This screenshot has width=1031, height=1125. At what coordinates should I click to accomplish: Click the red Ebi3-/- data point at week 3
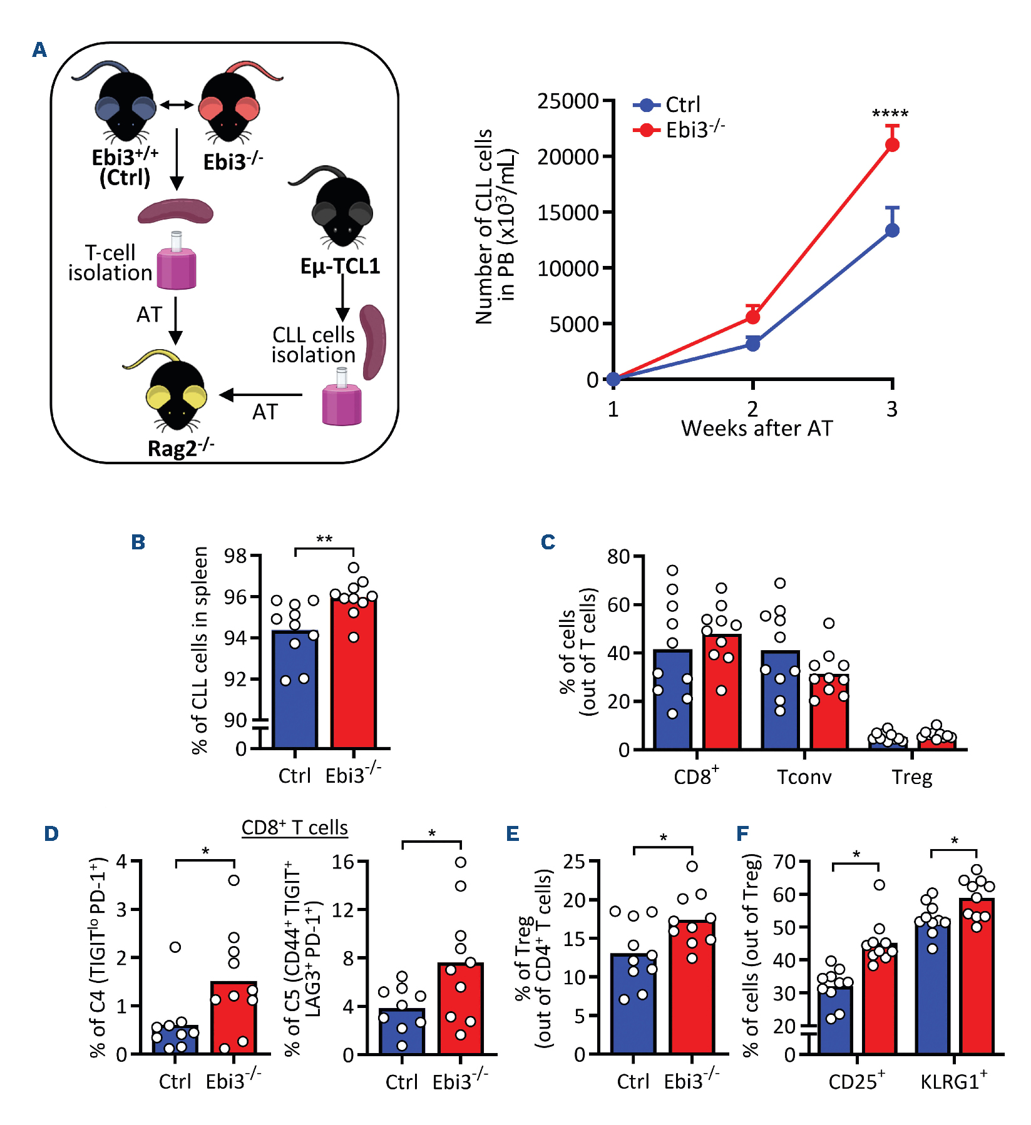click(x=892, y=145)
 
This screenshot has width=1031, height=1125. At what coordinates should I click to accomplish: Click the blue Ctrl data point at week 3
click(x=892, y=230)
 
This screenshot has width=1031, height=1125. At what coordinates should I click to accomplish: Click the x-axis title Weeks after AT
click(x=757, y=429)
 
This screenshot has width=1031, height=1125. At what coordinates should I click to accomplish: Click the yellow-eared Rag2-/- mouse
click(x=177, y=394)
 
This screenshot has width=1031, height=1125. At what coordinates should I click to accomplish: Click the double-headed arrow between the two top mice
click(x=177, y=104)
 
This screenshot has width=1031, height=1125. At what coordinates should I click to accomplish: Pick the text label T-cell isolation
click(x=110, y=263)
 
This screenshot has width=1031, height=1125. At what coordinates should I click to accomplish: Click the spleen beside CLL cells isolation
click(x=373, y=342)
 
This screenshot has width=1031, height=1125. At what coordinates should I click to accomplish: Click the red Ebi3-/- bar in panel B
click(x=354, y=676)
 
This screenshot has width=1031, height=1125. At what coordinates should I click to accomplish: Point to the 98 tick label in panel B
click(x=235, y=556)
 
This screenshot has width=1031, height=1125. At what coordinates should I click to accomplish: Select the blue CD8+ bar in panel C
click(x=672, y=701)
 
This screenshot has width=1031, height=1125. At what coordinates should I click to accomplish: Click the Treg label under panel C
click(x=911, y=777)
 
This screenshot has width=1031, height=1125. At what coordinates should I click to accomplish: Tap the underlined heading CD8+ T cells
click(x=294, y=827)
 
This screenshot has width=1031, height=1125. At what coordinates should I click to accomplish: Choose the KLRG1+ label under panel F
click(x=953, y=1081)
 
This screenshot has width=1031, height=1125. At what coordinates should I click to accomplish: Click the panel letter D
click(x=51, y=834)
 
